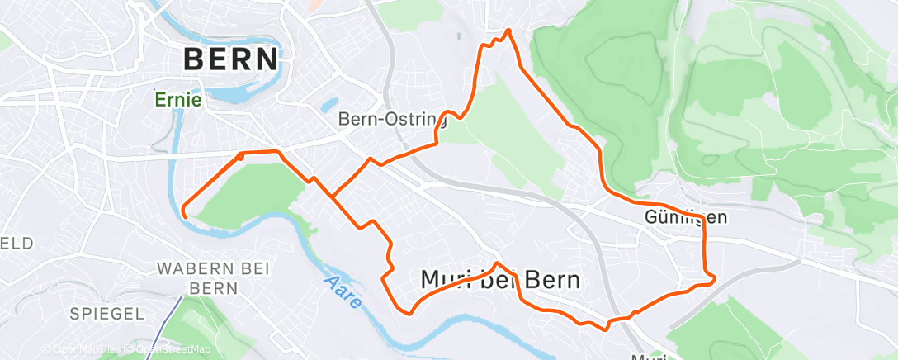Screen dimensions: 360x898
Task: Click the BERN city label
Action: pyautogui.click(x=230, y=59)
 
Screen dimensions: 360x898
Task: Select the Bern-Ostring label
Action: pyautogui.click(x=392, y=120)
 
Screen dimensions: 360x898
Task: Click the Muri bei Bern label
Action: pyautogui.click(x=500, y=280)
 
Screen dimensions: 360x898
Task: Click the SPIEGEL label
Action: pyautogui.click(x=108, y=314)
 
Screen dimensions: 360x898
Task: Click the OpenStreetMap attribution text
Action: pyautogui.click(x=172, y=350)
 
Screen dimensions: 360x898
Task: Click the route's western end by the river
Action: pyautogui.click(x=183, y=215)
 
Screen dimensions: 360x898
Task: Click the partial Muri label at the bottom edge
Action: pyautogui.click(x=649, y=356)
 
